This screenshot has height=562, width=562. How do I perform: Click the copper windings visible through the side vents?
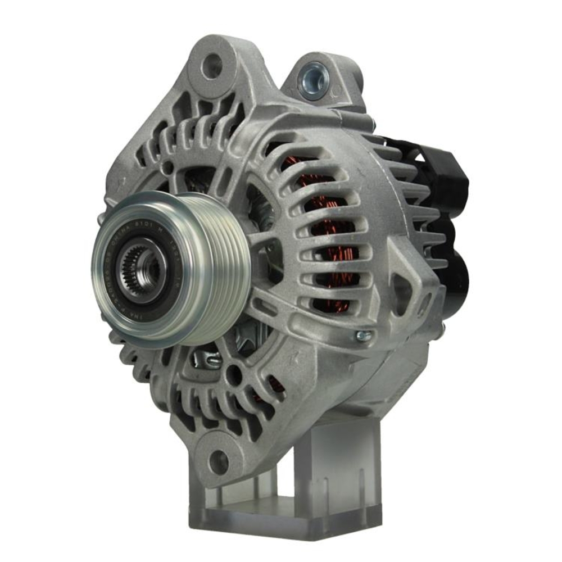[332, 236]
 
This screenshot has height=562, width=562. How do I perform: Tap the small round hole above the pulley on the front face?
[168, 167]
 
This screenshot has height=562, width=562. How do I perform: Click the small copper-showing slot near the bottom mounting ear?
[274, 384]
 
